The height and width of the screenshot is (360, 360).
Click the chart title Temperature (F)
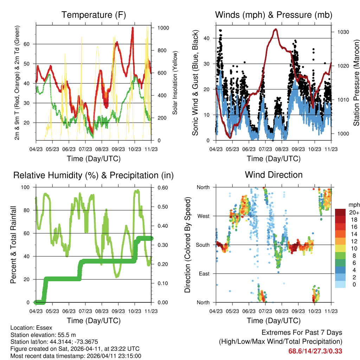coord(94,15)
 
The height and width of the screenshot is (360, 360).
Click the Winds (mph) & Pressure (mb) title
coord(274,15)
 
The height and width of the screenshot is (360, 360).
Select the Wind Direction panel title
coord(274,174)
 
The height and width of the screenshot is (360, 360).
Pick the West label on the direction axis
coord(203,216)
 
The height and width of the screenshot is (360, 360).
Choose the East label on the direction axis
coord(204,274)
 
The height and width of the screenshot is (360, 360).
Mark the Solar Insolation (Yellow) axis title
coord(175,83)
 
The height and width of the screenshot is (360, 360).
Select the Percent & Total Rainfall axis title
coord(13,245)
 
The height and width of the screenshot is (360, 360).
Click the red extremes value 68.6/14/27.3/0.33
coord(315,351)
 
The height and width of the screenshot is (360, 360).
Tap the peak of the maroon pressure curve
coord(276,29)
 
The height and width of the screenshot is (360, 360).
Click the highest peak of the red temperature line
coord(133,27)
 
